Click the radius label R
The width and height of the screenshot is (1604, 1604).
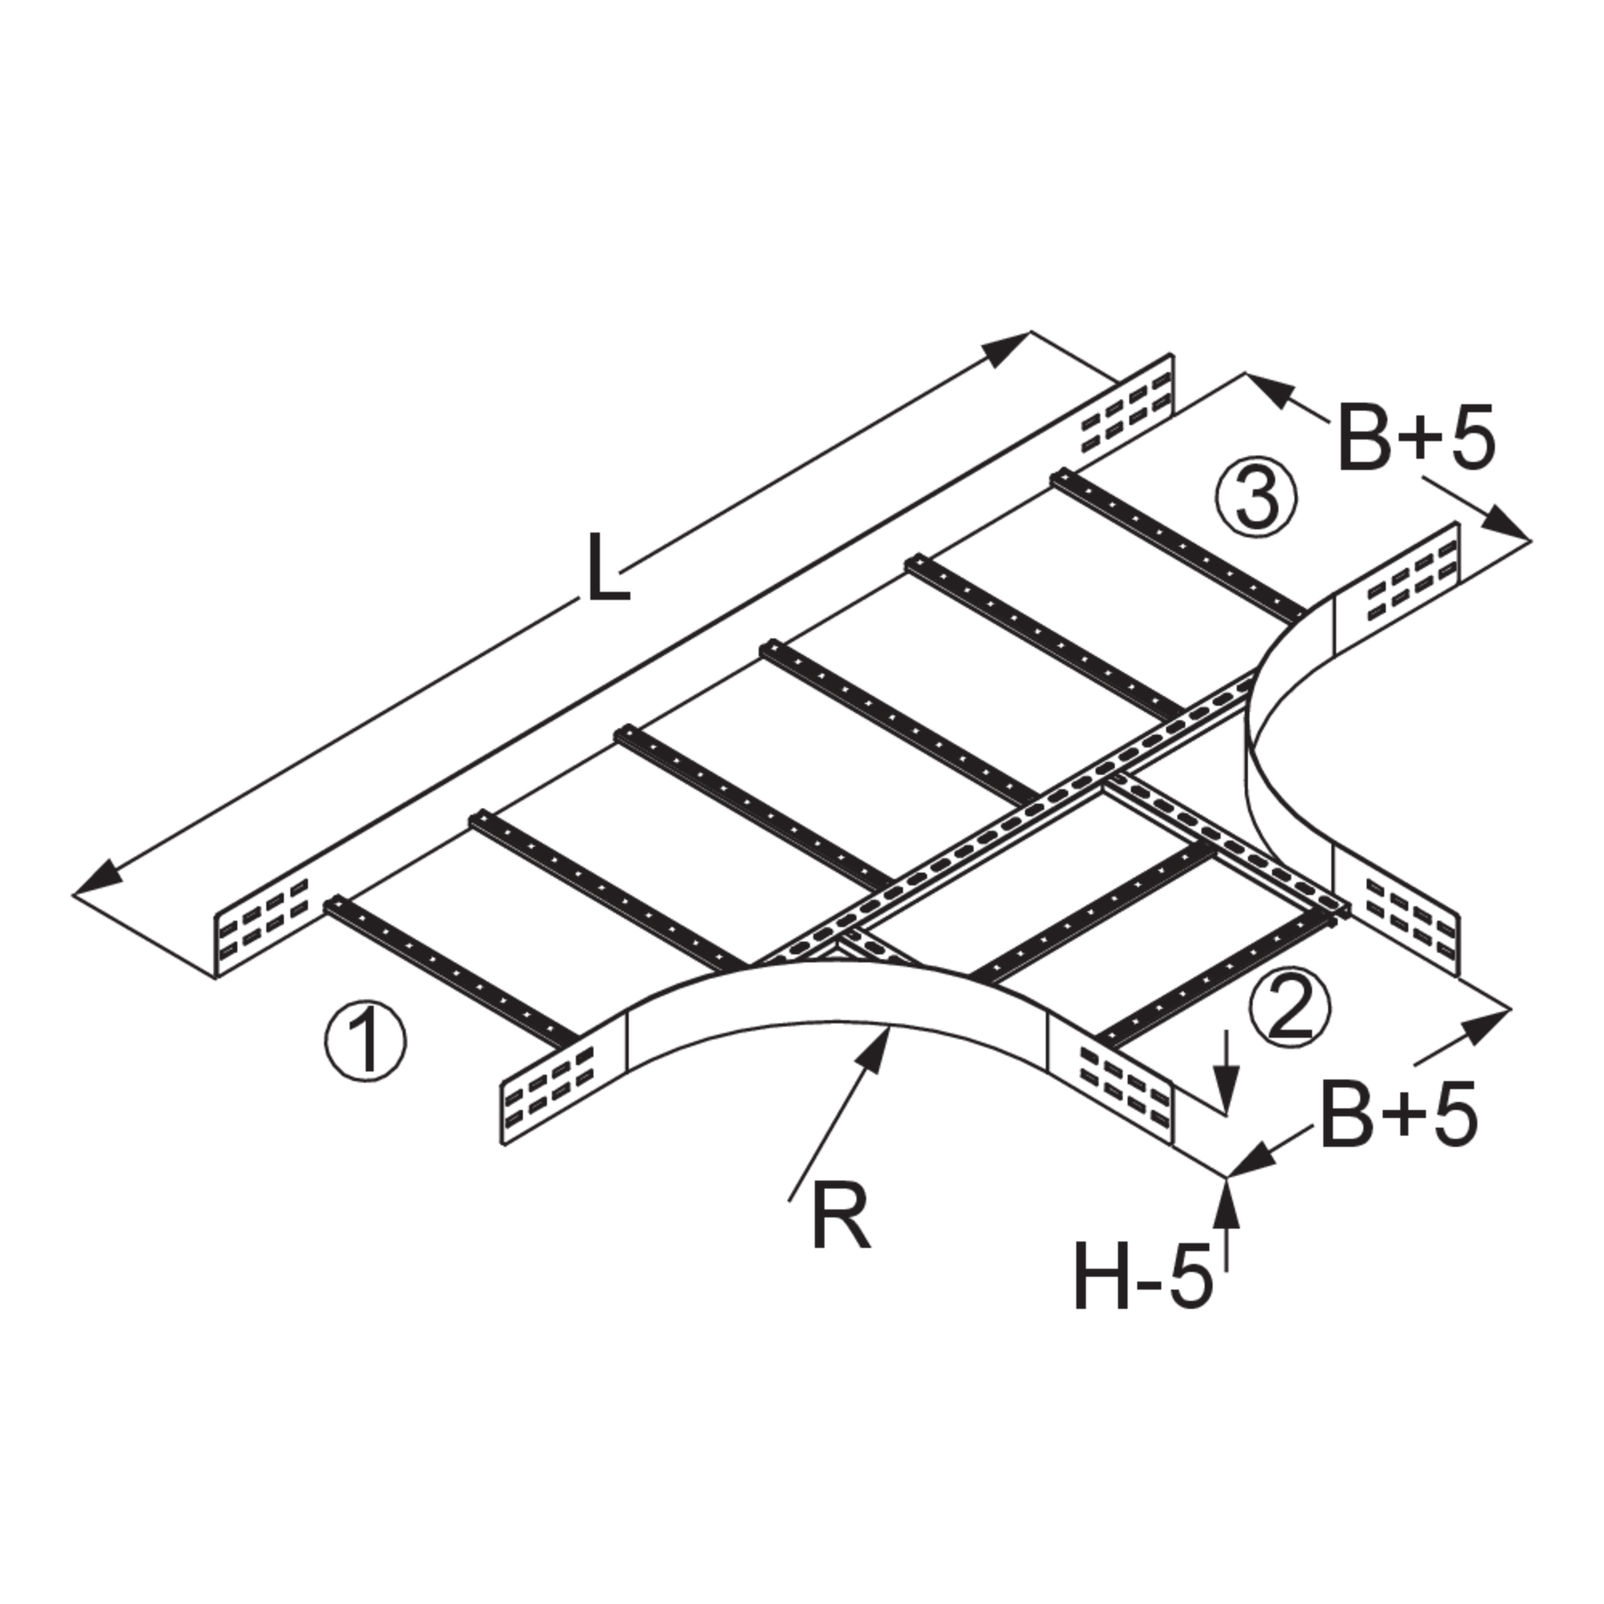click(841, 1216)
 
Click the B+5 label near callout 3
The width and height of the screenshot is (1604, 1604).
click(1416, 438)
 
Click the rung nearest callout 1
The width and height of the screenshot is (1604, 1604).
click(451, 971)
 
